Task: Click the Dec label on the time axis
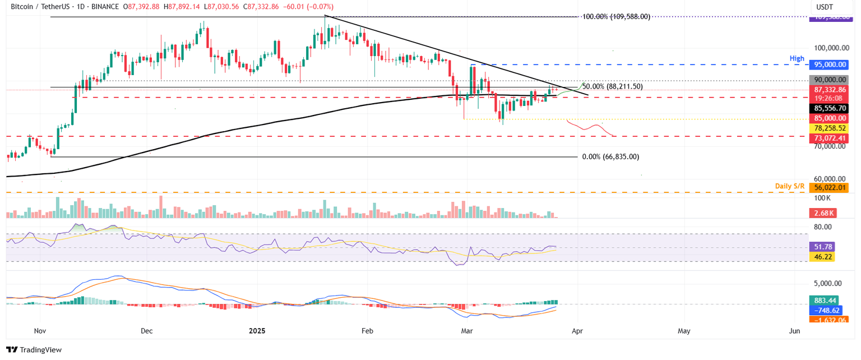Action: point(146,331)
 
